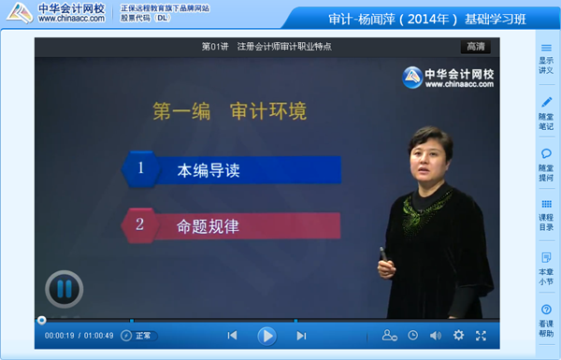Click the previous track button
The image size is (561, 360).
point(232,336)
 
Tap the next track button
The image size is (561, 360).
point(301,336)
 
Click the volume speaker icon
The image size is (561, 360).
point(436,336)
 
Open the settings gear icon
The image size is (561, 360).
point(458,336)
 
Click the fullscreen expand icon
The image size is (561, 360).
point(481,336)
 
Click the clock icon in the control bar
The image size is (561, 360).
point(412,336)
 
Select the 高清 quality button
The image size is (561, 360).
point(475,47)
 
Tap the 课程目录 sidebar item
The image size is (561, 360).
point(546,215)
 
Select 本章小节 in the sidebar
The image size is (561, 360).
point(546,267)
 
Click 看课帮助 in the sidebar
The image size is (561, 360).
point(546,320)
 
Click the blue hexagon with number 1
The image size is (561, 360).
point(141,169)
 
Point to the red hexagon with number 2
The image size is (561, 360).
point(140,224)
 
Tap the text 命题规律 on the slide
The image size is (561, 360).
point(209,225)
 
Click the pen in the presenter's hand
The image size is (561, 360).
point(382,253)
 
